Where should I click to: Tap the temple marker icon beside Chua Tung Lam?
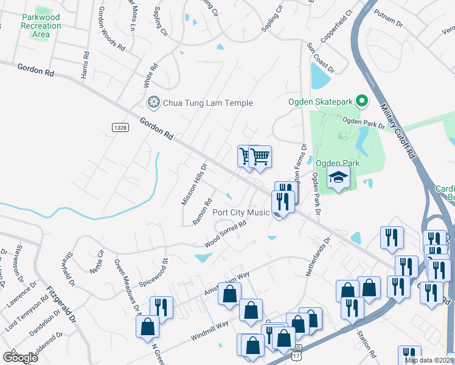153,102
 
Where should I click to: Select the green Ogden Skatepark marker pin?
361,101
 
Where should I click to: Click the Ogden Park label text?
338,163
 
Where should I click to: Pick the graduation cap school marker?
338,178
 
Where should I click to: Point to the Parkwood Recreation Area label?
41,26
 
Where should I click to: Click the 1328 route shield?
120,126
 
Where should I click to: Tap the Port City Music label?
240,212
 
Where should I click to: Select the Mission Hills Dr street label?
195,183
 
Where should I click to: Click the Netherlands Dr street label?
318,257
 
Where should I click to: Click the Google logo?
20,357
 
